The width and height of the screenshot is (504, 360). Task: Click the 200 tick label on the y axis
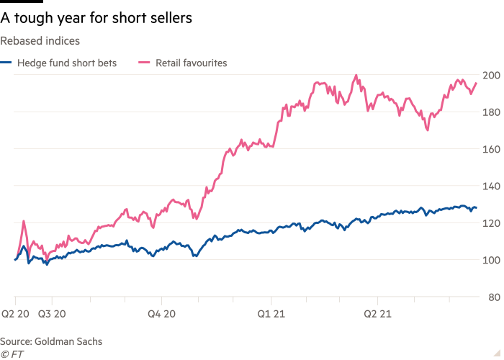pyautogui.click(x=491, y=75)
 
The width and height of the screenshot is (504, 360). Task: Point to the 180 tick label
pyautogui.click(x=491, y=112)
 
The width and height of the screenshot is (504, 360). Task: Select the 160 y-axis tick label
pyautogui.click(x=491, y=149)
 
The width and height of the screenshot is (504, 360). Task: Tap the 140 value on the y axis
pyautogui.click(x=491, y=186)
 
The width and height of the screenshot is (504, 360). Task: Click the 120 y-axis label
pyautogui.click(x=491, y=223)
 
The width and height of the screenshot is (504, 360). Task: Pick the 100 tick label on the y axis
pyautogui.click(x=491, y=260)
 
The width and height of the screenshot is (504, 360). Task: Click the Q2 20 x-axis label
pyautogui.click(x=15, y=314)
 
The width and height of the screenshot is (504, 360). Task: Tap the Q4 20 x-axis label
pyautogui.click(x=161, y=314)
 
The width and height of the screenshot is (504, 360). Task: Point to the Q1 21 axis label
pyautogui.click(x=271, y=314)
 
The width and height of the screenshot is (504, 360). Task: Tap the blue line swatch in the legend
pyautogui.click(x=5, y=63)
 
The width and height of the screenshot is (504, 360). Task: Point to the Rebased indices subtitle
pyautogui.click(x=40, y=42)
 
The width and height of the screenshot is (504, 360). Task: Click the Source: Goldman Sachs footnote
pyautogui.click(x=51, y=342)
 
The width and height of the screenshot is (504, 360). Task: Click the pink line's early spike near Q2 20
pyautogui.click(x=24, y=221)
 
